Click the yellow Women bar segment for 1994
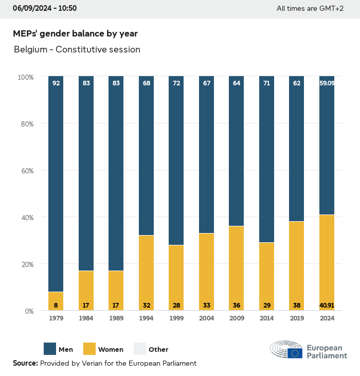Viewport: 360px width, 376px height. pyautogui.click(x=147, y=273)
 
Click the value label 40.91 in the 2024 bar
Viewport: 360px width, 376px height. pyautogui.click(x=327, y=305)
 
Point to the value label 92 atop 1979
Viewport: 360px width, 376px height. pyautogui.click(x=56, y=83)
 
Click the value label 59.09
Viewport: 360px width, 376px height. pyautogui.click(x=327, y=83)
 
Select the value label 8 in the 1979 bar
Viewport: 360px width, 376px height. pyautogui.click(x=56, y=305)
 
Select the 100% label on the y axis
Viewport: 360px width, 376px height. pyautogui.click(x=25, y=77)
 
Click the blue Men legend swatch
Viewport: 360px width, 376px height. pyautogui.click(x=50, y=349)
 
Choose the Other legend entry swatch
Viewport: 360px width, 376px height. pyautogui.click(x=140, y=349)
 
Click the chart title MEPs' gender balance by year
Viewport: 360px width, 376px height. pyautogui.click(x=75, y=34)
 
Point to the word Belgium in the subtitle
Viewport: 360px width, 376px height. pyautogui.click(x=30, y=49)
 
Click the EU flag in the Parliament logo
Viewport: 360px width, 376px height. pyautogui.click(x=295, y=353)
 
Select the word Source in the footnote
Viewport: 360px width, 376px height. pyautogui.click(x=25, y=363)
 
